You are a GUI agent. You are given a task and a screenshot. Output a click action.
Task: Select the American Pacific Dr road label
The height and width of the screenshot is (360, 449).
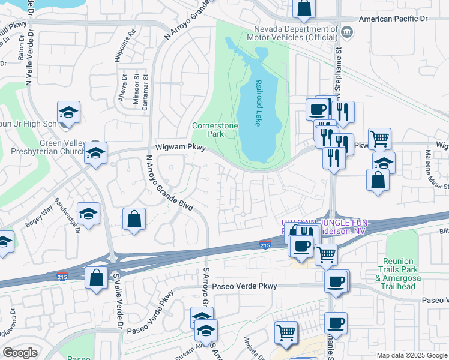[393, 19]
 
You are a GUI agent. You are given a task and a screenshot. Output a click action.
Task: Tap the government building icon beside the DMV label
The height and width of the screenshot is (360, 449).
[347, 31]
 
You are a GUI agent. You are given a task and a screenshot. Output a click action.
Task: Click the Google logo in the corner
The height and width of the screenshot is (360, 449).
[20, 353]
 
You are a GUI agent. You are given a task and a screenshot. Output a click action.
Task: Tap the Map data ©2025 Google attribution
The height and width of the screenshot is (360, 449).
[411, 355]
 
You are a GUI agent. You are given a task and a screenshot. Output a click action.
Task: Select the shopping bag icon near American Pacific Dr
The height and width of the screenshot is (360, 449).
[304, 8]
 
